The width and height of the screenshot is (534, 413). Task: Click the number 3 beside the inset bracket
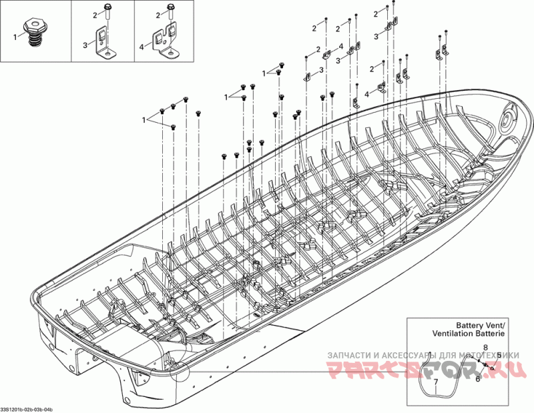[85, 45]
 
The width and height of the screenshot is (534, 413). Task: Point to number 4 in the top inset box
[142, 46]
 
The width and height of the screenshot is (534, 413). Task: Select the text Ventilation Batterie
[468, 332]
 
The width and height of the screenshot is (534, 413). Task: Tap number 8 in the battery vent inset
[485, 348]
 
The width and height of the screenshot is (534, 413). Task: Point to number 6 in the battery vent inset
[478, 379]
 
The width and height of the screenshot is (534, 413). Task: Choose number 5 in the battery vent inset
[499, 355]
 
